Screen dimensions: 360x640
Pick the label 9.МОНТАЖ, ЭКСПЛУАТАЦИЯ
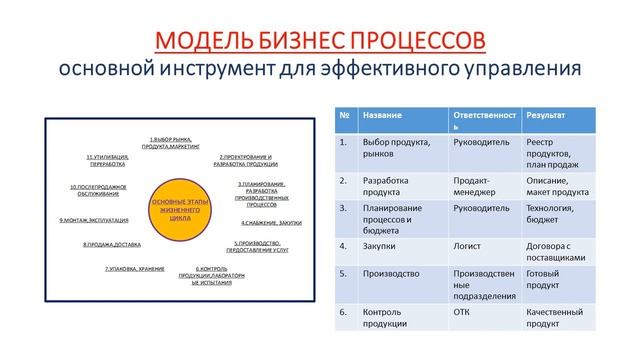(95, 219)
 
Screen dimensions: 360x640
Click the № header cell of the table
(343, 115)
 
